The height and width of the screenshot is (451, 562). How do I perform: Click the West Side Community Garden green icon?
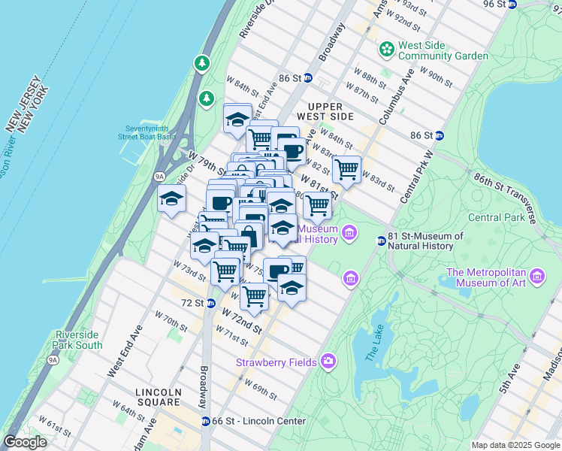[387, 50]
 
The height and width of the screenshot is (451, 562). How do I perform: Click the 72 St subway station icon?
[211, 304]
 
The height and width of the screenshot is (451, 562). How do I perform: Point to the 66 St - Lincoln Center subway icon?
[205, 421]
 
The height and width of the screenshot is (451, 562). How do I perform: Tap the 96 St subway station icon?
[512, 4]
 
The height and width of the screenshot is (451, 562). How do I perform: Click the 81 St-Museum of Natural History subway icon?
[382, 241]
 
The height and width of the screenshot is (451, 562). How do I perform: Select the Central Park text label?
[494, 218]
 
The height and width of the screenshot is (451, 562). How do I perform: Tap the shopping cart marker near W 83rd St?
[346, 170]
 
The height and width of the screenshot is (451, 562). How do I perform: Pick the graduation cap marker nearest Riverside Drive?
[172, 200]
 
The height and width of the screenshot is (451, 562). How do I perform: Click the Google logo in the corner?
[25, 442]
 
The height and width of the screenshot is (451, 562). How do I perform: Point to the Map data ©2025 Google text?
[515, 445]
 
